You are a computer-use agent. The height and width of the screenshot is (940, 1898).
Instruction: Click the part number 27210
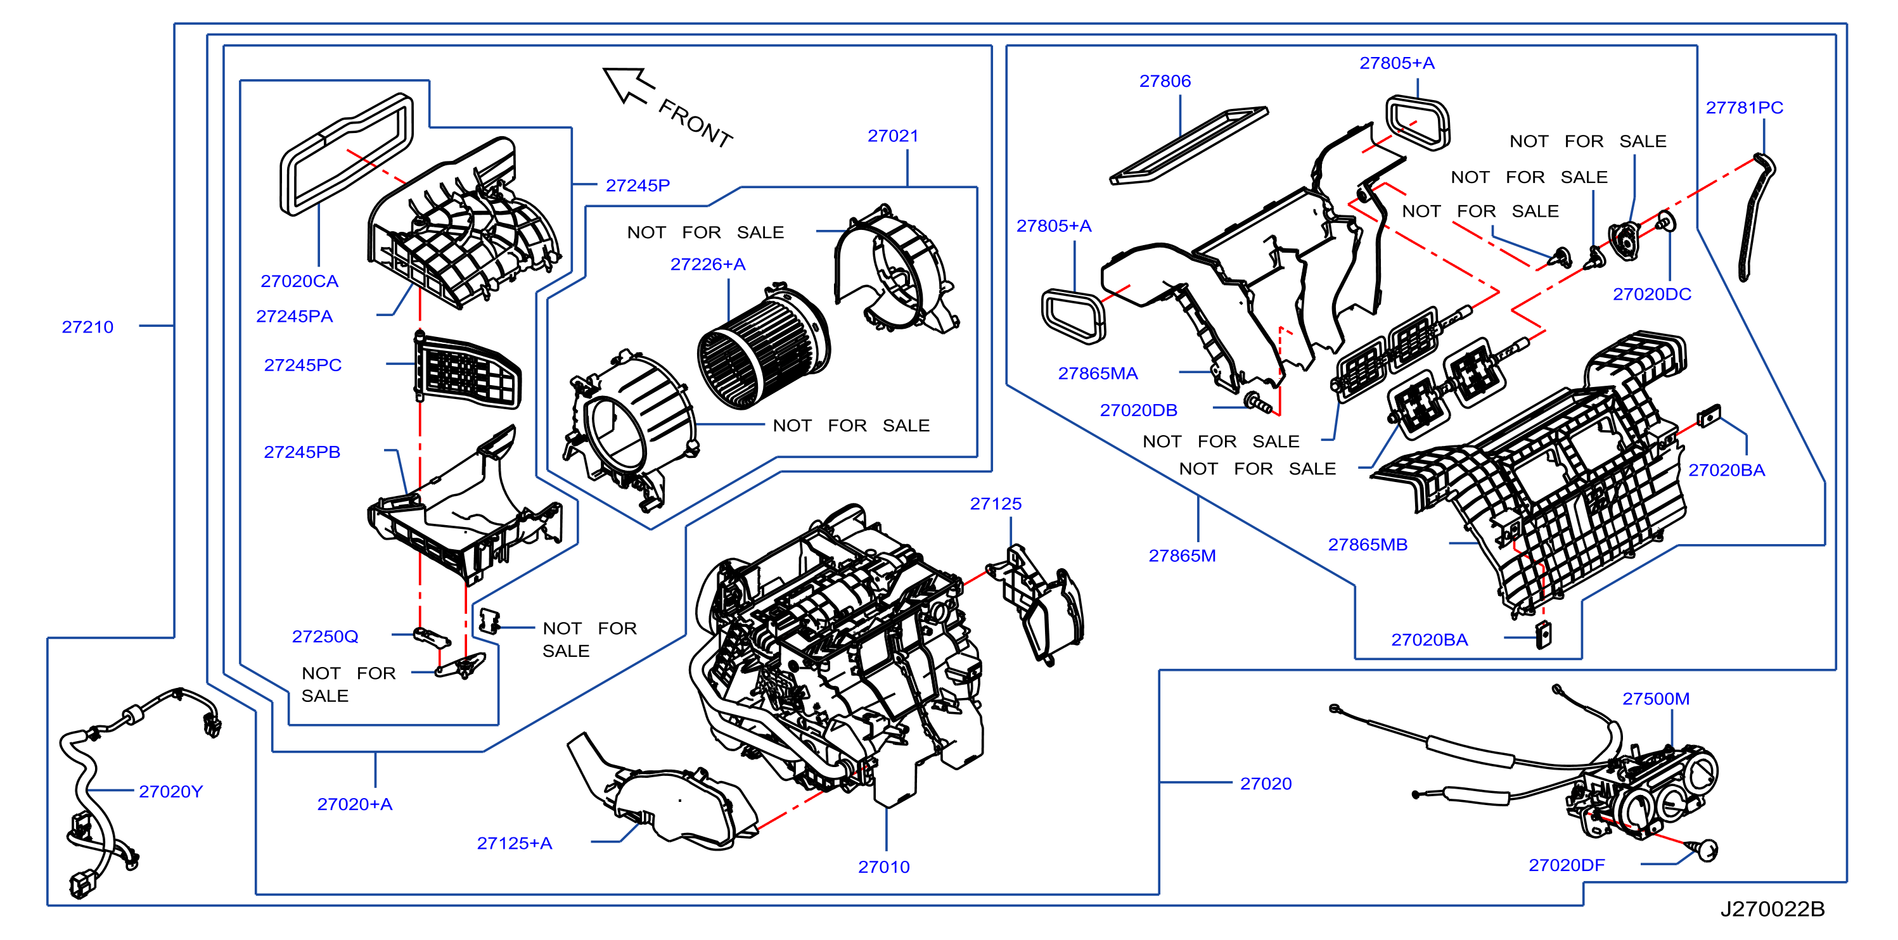pyautogui.click(x=87, y=327)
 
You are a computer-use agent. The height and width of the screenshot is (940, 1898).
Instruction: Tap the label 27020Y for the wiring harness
pyautogui.click(x=170, y=791)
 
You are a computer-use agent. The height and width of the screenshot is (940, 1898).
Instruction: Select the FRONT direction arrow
pyautogui.click(x=628, y=85)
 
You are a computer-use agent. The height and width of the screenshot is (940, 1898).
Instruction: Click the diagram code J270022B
pyautogui.click(x=1772, y=909)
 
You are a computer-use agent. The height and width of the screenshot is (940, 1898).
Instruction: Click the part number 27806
pyautogui.click(x=1165, y=81)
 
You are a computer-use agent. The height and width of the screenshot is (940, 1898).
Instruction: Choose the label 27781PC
pyautogui.click(x=1744, y=108)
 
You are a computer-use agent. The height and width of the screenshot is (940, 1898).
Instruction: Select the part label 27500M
pyautogui.click(x=1655, y=699)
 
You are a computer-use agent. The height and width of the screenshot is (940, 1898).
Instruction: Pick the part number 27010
pyautogui.click(x=883, y=867)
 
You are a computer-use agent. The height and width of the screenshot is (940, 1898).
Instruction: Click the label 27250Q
pyautogui.click(x=325, y=637)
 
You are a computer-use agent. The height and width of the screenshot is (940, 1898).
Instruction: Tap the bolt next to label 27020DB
pyautogui.click(x=1257, y=402)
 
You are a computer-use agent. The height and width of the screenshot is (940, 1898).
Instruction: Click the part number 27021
pyautogui.click(x=893, y=136)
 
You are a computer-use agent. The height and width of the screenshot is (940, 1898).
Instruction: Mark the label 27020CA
pyautogui.click(x=299, y=281)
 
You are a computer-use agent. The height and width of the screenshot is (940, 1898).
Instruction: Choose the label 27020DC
pyautogui.click(x=1652, y=294)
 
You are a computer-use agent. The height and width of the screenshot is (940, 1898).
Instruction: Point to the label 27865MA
pyautogui.click(x=1098, y=374)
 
